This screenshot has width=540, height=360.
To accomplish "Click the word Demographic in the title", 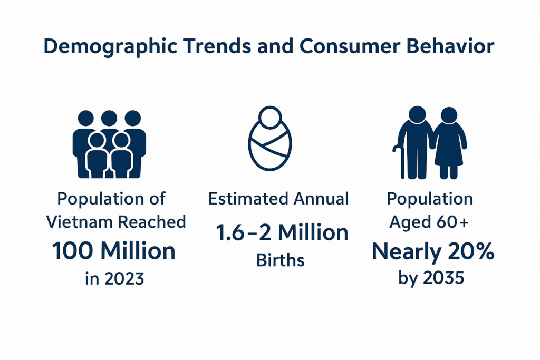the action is (110, 47).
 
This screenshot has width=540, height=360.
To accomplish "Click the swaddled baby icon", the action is (270, 138).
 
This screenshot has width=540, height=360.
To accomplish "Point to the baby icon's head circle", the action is (270, 117).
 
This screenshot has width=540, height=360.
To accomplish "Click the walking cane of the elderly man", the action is (400, 162).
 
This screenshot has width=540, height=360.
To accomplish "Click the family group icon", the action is (109, 144).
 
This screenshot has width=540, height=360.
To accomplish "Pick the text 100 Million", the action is (114, 250).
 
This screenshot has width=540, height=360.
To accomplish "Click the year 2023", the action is (124, 278).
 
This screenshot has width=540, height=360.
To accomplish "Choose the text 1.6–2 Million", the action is (282, 232).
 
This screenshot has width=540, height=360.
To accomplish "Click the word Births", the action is (281, 260).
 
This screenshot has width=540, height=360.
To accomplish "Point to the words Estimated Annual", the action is (278, 199).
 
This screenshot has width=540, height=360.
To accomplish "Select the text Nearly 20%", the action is (433, 252).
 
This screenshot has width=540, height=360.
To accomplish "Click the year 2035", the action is (443, 277).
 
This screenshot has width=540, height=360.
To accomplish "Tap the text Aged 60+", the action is (429, 222).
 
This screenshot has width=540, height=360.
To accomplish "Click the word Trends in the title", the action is (217, 46).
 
